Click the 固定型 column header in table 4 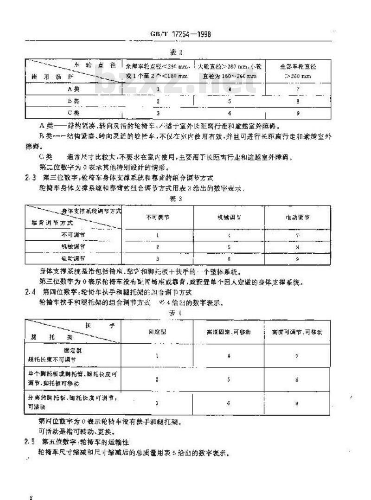(x=158, y=332)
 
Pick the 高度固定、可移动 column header (x=228, y=332)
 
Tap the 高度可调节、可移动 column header (x=297, y=332)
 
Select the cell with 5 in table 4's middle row (x=228, y=379)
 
